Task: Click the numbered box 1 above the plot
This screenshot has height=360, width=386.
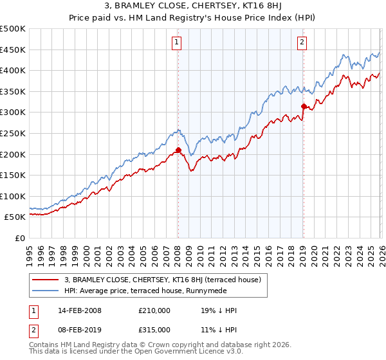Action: [x=176, y=42]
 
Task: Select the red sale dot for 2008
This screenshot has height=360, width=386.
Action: [x=178, y=150]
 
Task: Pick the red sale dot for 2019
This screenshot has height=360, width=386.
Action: [x=303, y=106]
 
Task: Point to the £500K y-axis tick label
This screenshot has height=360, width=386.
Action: [x=13, y=29]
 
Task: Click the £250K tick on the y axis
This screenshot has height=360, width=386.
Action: [x=13, y=133]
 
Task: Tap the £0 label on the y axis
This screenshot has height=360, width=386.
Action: [x=21, y=238]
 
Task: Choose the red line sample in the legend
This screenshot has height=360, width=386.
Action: [x=46, y=280]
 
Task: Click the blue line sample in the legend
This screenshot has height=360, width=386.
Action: [x=46, y=291]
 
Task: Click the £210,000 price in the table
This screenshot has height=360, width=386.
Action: [x=154, y=310]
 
